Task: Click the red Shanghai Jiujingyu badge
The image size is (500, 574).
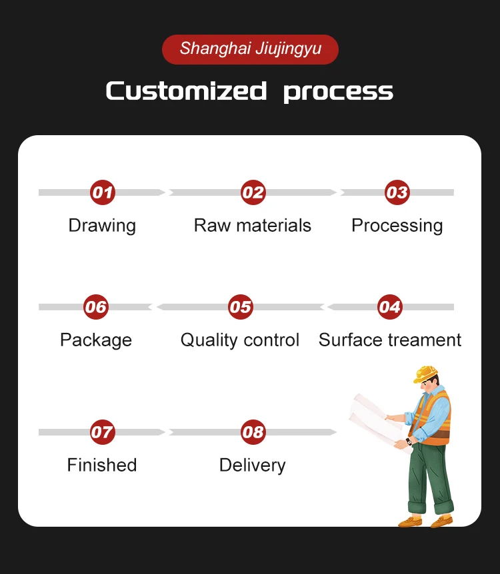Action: click(x=250, y=49)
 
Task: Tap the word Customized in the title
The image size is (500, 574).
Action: click(x=186, y=91)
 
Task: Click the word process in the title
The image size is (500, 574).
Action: click(x=338, y=92)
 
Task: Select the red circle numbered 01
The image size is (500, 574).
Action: click(x=102, y=193)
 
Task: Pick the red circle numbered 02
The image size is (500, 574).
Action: click(x=253, y=193)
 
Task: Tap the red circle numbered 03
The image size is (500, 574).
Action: click(x=397, y=193)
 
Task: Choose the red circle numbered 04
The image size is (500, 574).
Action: click(x=389, y=307)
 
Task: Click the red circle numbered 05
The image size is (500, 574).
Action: click(x=240, y=307)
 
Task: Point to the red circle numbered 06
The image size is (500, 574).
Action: click(x=96, y=307)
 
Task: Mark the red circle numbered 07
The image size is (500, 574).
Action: click(x=102, y=432)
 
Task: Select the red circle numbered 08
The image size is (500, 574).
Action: click(x=253, y=432)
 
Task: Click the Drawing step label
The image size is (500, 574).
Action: click(x=102, y=226)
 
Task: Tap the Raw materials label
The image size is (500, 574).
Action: click(x=253, y=226)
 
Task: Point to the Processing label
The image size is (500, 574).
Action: click(x=397, y=226)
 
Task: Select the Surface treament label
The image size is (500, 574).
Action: click(x=390, y=340)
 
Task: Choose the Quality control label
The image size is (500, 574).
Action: click(x=240, y=340)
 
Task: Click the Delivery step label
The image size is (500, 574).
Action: click(x=252, y=465)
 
